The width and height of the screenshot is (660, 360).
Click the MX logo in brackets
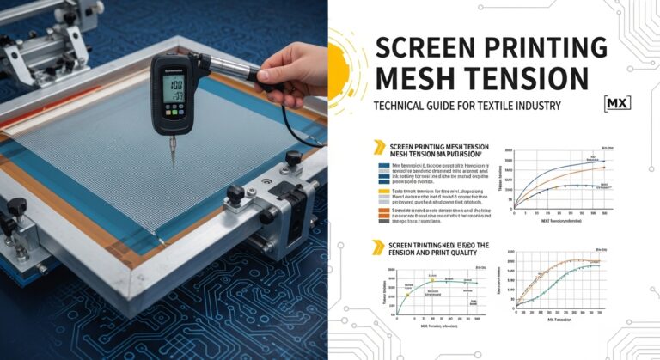[618, 103]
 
